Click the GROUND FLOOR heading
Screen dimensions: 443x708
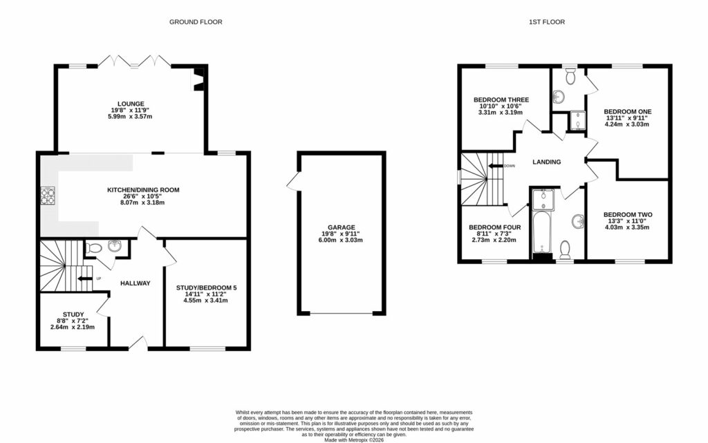pos(196,22)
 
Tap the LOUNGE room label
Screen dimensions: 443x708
pos(131,104)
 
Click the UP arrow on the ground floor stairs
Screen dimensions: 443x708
pos(84,279)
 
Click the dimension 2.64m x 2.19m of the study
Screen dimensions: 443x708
pos(73,327)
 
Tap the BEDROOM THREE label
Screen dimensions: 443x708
pos(501,100)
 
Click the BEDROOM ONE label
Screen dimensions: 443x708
pos(627,111)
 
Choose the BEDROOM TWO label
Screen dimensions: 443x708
pos(627,214)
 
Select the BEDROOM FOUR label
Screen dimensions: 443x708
pos(494,227)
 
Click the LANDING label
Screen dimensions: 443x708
pos(546,162)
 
